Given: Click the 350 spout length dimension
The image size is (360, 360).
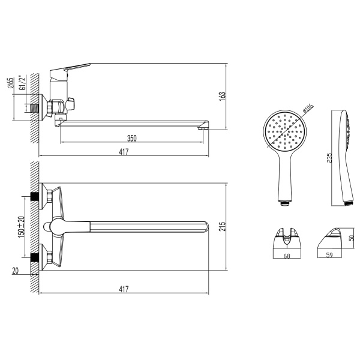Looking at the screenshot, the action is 132,138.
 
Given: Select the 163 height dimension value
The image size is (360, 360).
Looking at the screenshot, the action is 223,97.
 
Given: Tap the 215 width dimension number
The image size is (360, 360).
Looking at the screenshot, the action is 223,226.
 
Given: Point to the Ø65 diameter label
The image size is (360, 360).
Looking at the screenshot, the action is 11,83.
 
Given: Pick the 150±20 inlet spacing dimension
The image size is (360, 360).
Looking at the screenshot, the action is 22,227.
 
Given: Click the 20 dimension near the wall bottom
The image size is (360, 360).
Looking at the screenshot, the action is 16,271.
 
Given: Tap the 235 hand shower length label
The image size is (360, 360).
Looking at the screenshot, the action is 329,158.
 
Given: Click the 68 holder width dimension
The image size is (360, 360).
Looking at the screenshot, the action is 287,256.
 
